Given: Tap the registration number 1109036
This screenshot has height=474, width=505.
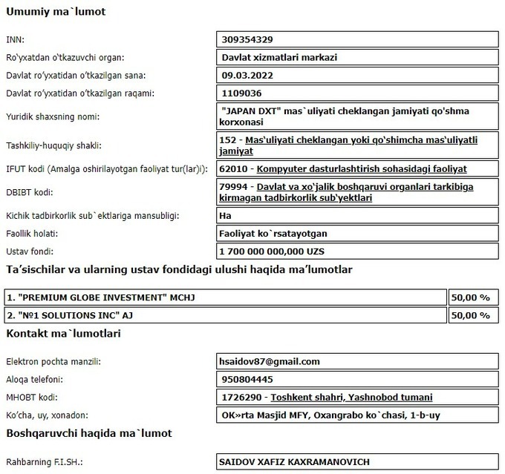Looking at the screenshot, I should [241, 93].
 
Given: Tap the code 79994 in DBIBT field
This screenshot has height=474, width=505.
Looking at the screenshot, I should [235, 186].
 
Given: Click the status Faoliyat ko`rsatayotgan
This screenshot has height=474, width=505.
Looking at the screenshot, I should [277, 234].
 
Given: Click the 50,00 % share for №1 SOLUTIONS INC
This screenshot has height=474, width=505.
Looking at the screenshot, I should [471, 315].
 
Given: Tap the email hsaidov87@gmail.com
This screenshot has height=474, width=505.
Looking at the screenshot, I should [270, 361].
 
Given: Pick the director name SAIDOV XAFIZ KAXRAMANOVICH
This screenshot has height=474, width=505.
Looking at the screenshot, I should [294, 461].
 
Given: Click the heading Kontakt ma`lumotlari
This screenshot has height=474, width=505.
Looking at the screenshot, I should [63, 334].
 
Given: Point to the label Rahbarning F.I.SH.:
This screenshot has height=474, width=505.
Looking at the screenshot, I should [45, 461].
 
